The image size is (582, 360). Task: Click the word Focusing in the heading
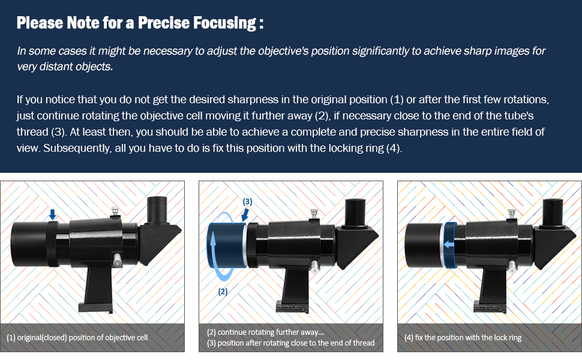click(224, 23)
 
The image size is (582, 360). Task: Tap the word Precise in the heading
click(163, 23)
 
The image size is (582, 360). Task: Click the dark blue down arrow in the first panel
click(53, 214)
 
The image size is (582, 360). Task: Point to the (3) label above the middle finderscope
click(247, 202)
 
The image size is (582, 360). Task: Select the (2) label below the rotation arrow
click(223, 292)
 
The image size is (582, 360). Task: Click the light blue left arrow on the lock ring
click(449, 245)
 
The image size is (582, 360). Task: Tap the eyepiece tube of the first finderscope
click(157, 210)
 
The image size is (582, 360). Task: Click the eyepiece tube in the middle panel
click(355, 213)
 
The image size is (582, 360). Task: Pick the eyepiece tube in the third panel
click(553, 213)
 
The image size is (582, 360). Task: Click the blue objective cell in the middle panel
click(227, 245)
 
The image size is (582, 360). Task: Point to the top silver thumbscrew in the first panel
click(115, 212)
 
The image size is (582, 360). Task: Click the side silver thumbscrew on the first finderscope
click(117, 260)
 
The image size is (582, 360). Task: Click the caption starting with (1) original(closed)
click(77, 338)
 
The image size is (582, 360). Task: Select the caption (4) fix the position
click(463, 338)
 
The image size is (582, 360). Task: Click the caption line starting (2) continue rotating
click(265, 332)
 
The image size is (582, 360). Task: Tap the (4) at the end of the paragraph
click(393, 148)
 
